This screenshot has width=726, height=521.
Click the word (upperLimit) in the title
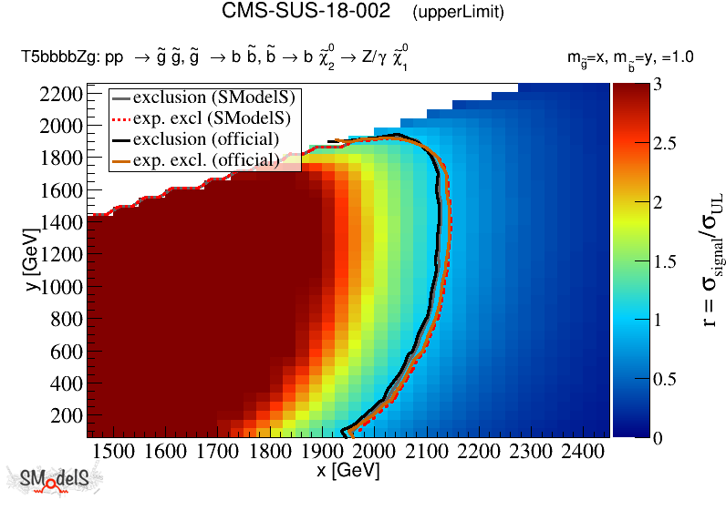click(x=458, y=13)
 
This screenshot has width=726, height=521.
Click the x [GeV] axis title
click(x=347, y=472)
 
